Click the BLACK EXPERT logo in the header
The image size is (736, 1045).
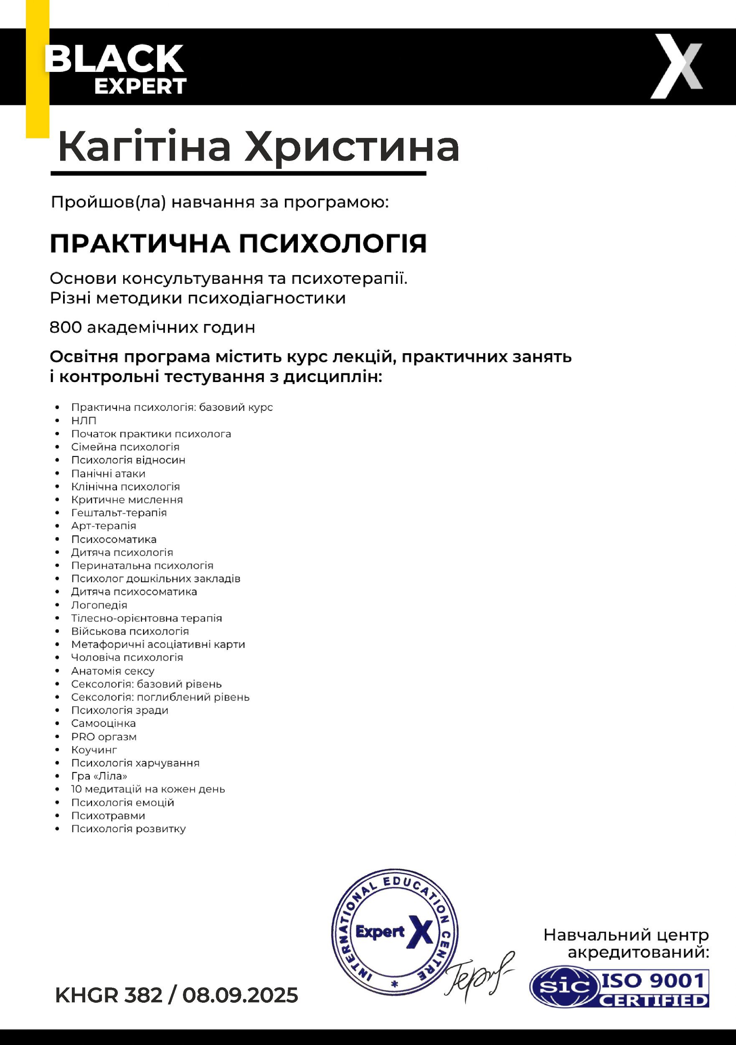[116, 69]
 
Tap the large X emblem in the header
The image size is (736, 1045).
[676, 66]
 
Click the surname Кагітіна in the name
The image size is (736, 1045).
[144, 147]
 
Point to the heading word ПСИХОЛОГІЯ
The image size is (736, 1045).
[333, 244]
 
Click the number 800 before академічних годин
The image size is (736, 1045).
[63, 328]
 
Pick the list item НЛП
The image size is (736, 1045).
[84, 421]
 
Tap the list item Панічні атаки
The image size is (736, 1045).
[108, 473]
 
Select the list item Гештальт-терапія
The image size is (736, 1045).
[119, 513]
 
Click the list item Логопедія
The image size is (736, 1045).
[99, 605]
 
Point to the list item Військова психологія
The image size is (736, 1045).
[129, 631]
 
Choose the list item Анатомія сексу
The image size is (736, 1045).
[112, 671]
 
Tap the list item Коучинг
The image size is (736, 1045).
[94, 749]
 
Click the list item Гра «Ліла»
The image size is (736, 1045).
[99, 776]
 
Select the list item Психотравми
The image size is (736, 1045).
[108, 816]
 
